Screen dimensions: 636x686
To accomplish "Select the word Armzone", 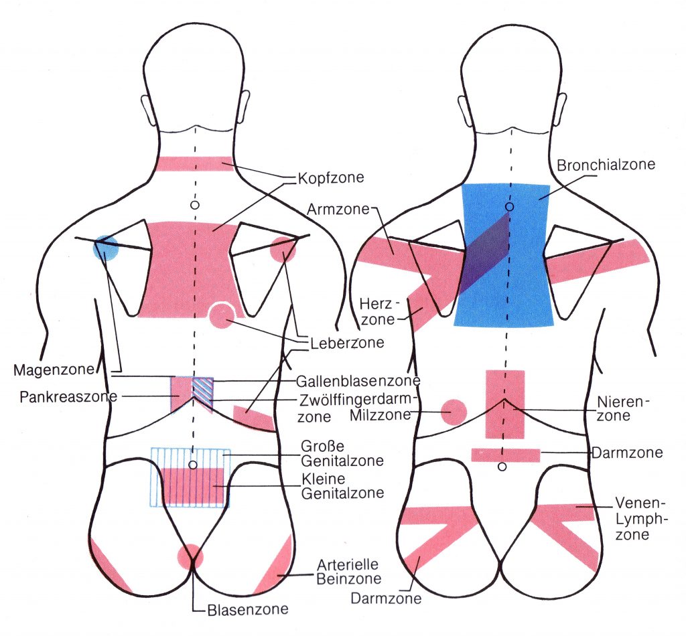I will (338, 209).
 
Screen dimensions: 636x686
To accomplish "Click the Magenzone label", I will (55, 370).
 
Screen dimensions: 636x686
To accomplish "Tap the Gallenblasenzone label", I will (358, 381).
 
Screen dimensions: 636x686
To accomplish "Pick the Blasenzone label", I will (248, 609).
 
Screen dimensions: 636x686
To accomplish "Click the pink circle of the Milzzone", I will (454, 412).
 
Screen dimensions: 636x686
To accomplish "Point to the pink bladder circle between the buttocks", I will (190, 556).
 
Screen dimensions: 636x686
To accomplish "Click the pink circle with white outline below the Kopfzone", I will (221, 316).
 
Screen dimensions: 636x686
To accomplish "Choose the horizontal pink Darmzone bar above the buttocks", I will (506, 455).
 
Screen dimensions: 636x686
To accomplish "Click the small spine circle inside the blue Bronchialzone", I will (509, 207).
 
